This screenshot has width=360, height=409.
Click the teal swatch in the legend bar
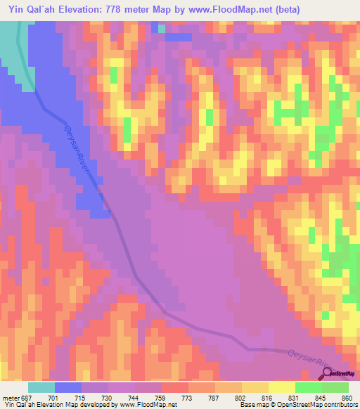click(41, 387)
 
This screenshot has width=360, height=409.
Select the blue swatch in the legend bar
click(68, 387)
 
